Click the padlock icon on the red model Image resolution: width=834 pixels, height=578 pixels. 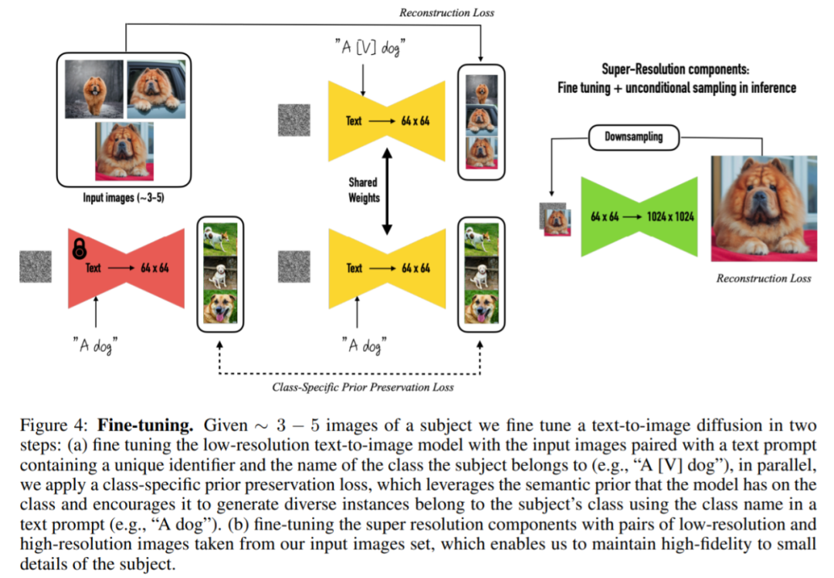[79, 249]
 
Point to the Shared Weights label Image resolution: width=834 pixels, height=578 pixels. [364, 190]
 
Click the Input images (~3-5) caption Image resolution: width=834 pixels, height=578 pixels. [122, 198]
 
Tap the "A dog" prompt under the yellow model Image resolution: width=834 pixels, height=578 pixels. [363, 345]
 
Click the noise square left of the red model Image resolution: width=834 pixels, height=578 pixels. [36, 267]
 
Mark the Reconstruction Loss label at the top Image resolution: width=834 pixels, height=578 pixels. [446, 12]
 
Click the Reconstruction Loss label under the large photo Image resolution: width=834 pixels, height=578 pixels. [764, 278]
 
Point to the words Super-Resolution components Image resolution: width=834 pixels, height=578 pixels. [676, 70]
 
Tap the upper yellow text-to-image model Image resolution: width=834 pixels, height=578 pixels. [388, 121]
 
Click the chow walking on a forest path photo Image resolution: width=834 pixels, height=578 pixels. [94, 89]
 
